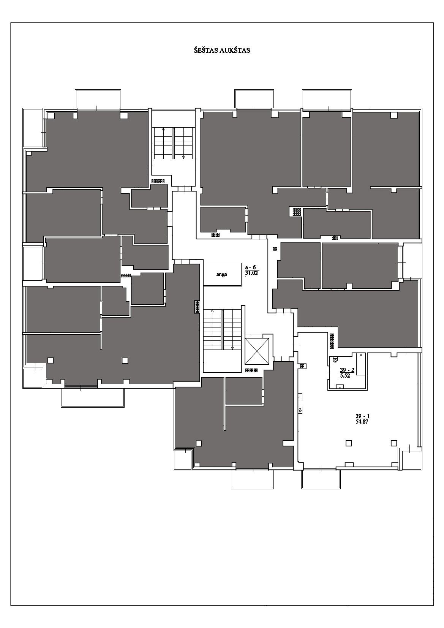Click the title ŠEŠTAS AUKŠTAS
pos(222,51)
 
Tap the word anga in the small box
pos(222,274)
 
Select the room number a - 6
pos(251,267)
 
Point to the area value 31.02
pos(251,273)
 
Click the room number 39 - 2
pos(347,370)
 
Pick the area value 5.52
pos(345,376)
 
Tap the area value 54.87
pos(362,421)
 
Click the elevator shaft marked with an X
pos(257,351)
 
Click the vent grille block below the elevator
pos(251,370)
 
